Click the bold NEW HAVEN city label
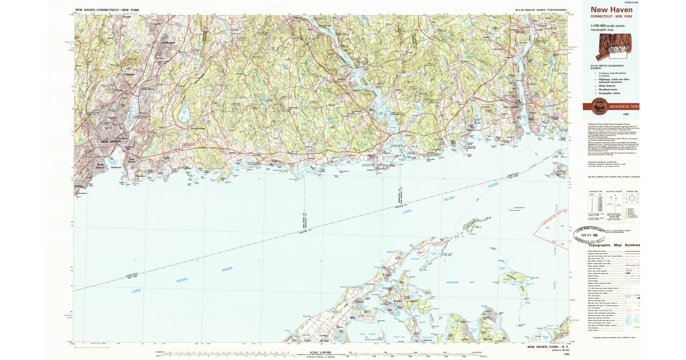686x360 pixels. (112, 141)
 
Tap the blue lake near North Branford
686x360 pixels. (185, 113)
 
